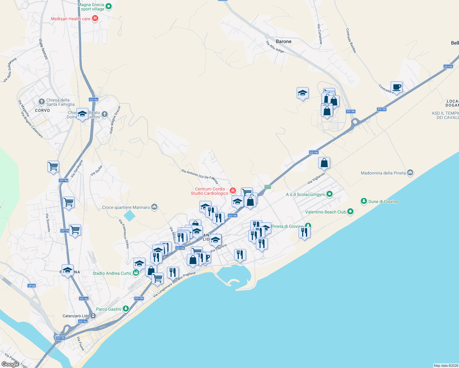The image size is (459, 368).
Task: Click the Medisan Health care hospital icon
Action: pos(95,18)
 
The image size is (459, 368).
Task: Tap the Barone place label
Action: pos(283,41)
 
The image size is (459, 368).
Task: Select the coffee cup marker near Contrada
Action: pos(396,87)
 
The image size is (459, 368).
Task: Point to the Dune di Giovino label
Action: pos(383,201)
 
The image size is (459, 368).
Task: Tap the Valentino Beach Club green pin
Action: pos(351,212)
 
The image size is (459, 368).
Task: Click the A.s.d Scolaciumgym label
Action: pos(305,194)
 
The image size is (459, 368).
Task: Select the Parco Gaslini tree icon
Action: pos(125,309)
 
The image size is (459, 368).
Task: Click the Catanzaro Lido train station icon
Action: pos(93,316)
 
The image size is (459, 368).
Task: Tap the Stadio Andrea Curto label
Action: pos(112,273)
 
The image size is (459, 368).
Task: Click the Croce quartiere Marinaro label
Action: pos(126,207)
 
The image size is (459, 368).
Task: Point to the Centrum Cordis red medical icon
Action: pos(233,191)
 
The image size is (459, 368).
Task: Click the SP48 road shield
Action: pos(32,286)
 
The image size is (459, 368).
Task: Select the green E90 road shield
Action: pos(268,187)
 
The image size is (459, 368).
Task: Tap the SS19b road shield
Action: pos(350,111)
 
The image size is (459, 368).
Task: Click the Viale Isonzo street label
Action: pos(44,49)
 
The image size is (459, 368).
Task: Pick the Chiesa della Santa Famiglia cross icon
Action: pos(41,102)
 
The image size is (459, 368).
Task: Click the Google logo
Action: pos(10,364)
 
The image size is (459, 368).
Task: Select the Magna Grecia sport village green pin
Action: pos(108,6)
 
